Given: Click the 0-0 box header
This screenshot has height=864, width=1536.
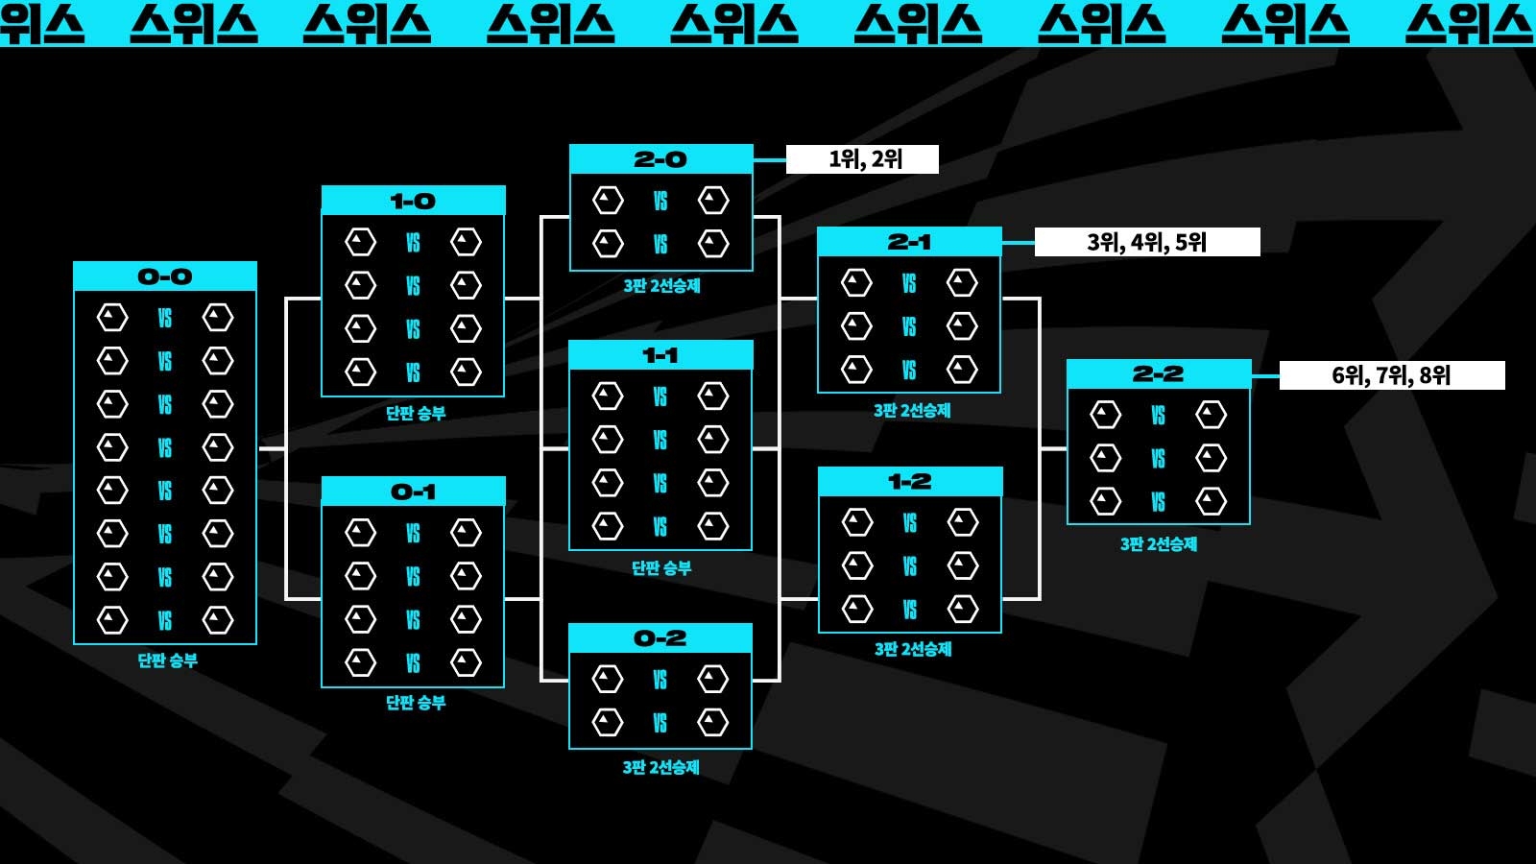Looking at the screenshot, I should [165, 276].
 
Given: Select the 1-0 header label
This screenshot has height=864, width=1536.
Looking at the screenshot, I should [413, 201].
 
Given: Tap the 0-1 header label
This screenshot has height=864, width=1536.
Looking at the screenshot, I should [413, 492].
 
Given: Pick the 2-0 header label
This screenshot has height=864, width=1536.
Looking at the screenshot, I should [660, 159].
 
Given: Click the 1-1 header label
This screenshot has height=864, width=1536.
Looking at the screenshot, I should [660, 355].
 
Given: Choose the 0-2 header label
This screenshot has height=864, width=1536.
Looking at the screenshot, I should [660, 638].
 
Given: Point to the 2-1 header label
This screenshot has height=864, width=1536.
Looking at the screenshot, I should [909, 242].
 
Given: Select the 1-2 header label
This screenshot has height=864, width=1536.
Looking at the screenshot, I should [909, 482].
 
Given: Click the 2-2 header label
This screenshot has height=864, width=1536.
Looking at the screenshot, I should [1159, 374].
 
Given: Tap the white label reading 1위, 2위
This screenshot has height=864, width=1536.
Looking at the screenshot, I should [862, 159].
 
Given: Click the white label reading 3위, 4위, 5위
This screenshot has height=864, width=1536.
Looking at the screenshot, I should [1147, 242].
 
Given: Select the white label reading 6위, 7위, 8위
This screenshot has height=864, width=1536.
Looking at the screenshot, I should [1392, 375].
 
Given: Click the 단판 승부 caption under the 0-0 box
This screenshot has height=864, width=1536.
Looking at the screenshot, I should [167, 660].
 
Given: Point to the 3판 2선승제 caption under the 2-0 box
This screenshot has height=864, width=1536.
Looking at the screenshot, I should [661, 285].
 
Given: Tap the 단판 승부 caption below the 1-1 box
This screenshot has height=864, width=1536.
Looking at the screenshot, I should [661, 568].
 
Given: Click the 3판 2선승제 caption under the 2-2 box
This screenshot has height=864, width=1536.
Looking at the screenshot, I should [1159, 544].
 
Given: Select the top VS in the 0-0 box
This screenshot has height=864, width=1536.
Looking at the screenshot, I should [165, 318].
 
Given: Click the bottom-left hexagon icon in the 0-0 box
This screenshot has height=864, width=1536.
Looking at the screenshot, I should [112, 620].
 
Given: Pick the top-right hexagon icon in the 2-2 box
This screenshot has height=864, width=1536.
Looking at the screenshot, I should [1211, 415].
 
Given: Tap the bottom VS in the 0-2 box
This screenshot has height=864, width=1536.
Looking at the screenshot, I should [660, 723].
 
